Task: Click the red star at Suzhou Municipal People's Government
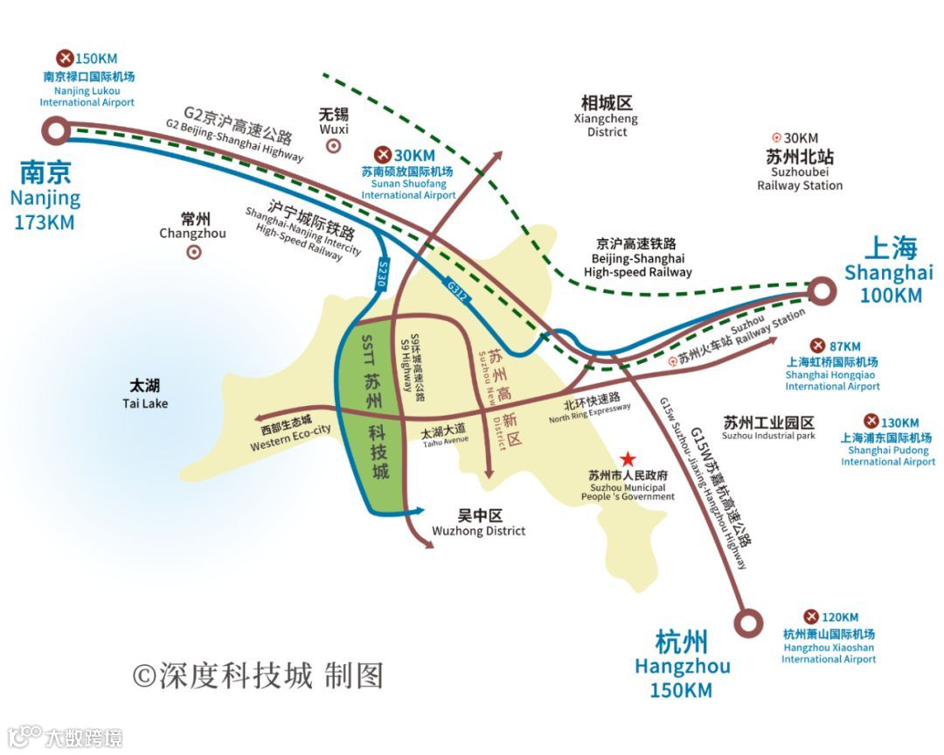coord(628,458)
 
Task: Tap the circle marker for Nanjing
coord(57,131)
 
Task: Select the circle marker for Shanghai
coord(821,290)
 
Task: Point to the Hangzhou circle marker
coord(747,622)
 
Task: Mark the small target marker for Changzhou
coord(193,252)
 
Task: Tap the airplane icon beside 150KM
coord(64,58)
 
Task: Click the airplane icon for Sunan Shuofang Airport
coord(382,155)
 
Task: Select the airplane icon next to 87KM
coord(817,346)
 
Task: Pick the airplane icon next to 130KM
coord(871,422)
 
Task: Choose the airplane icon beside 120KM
coord(810,617)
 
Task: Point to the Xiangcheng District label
coord(607,116)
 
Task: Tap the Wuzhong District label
coord(479,523)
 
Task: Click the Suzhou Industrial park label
coord(768,428)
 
